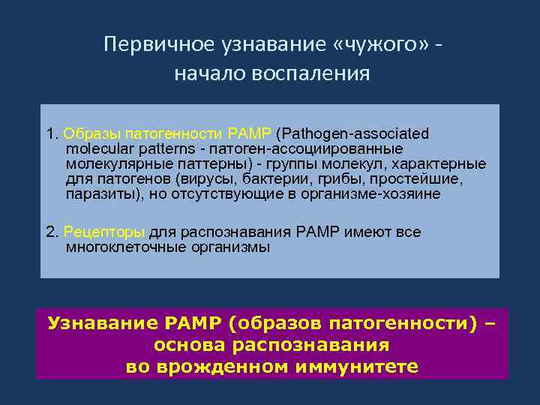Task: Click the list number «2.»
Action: [52, 232]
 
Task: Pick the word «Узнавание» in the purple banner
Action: [99, 324]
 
